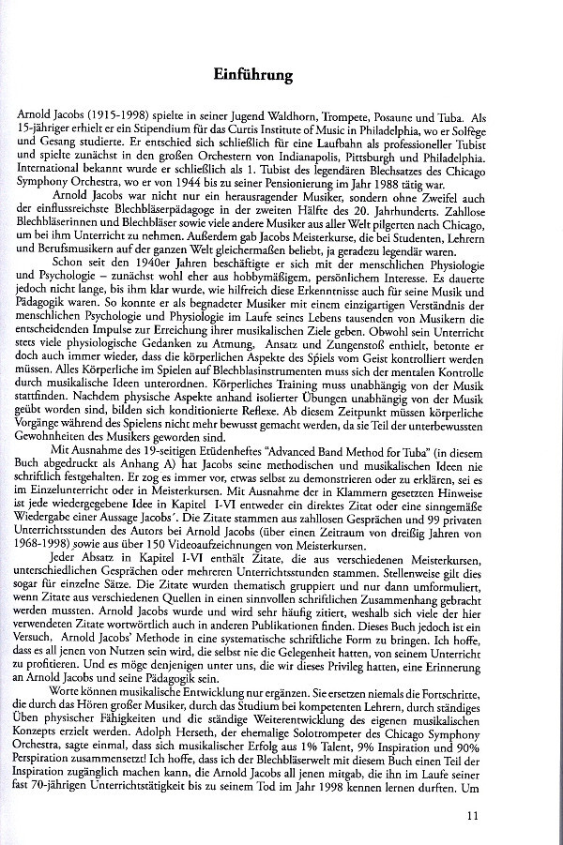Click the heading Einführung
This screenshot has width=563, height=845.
pos(281,74)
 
